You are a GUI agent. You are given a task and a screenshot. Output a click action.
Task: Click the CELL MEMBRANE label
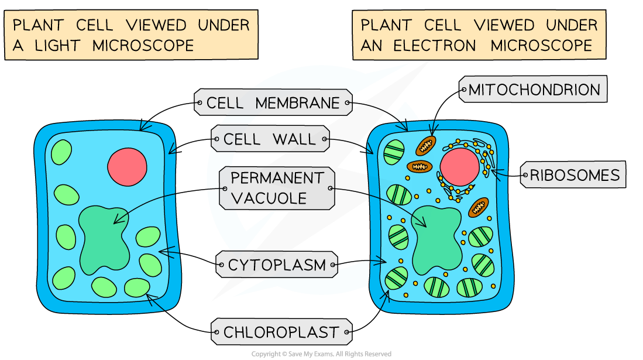pyautogui.click(x=273, y=104)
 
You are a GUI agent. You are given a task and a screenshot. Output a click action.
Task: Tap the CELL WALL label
pyautogui.click(x=270, y=139)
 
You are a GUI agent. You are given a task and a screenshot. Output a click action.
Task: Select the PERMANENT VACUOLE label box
pyautogui.click(x=277, y=188)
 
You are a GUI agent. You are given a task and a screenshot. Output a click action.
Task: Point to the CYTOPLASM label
pyautogui.click(x=277, y=265)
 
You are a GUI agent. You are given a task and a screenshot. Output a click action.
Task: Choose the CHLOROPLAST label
pyautogui.click(x=281, y=332)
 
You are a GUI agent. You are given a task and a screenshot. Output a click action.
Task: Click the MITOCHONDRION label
pyautogui.click(x=534, y=90)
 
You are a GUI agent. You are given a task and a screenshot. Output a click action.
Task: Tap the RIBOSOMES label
pyautogui.click(x=574, y=175)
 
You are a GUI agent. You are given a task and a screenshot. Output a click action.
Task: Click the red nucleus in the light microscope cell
pyautogui.click(x=127, y=166)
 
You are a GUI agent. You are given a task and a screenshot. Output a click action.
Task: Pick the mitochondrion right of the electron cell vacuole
pyautogui.click(x=478, y=206)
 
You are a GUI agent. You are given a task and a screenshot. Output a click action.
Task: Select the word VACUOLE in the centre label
pyautogui.click(x=269, y=198)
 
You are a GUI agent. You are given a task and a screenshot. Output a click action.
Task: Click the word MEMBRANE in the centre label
pyautogui.click(x=297, y=104)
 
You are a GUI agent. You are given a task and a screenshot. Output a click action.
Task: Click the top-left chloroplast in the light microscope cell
pyautogui.click(x=61, y=152)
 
